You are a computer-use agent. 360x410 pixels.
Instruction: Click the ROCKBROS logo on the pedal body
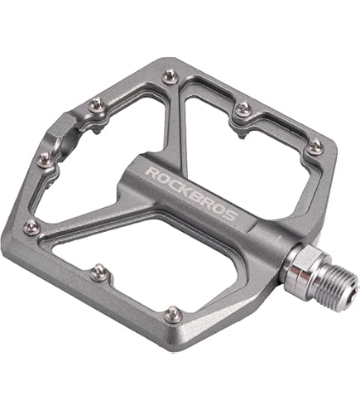coord(191,193)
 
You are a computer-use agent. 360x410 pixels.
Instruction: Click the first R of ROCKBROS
coord(151,171)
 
